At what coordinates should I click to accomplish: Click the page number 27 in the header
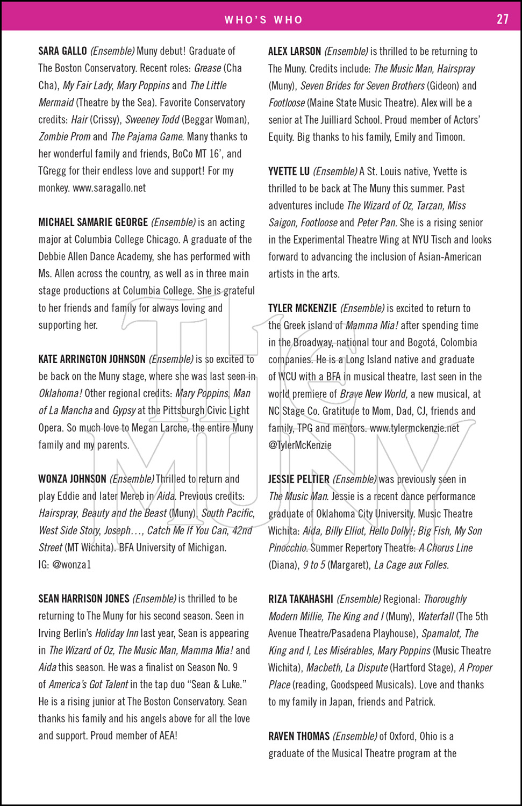[x=502, y=19]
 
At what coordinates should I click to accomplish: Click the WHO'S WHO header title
[x=263, y=20]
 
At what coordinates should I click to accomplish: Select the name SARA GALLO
[x=62, y=51]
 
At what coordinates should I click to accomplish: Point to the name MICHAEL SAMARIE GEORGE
[x=93, y=222]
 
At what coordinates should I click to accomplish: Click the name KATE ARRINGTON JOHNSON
[x=92, y=359]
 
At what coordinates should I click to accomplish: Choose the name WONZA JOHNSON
[x=72, y=479]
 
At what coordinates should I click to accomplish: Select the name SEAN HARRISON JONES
[x=84, y=599]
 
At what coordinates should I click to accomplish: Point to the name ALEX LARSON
[x=295, y=52]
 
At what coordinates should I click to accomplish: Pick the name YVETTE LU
[x=289, y=171]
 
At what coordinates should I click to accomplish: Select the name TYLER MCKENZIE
[x=303, y=308]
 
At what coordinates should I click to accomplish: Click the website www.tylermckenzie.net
[x=414, y=428]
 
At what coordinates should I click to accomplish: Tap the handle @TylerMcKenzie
[x=300, y=445]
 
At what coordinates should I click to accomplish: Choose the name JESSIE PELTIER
[x=299, y=479]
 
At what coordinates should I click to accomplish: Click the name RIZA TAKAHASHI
[x=301, y=599]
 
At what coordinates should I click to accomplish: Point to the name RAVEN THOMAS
[x=299, y=736]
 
